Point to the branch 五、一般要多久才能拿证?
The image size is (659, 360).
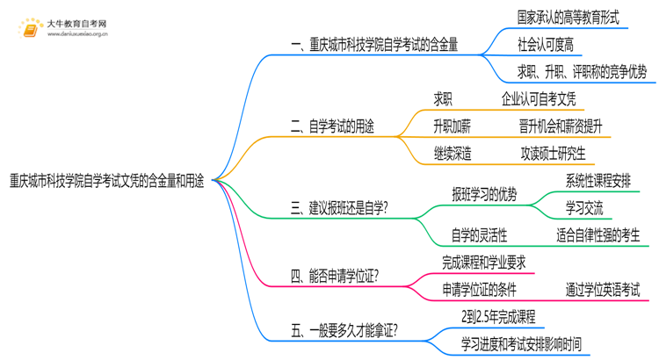(x=343, y=330)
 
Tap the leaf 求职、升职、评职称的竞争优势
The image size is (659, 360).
(x=582, y=73)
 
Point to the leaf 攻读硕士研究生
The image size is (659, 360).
(x=552, y=154)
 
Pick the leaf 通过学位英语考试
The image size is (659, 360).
(x=603, y=288)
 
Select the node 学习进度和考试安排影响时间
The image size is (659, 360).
(x=520, y=343)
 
